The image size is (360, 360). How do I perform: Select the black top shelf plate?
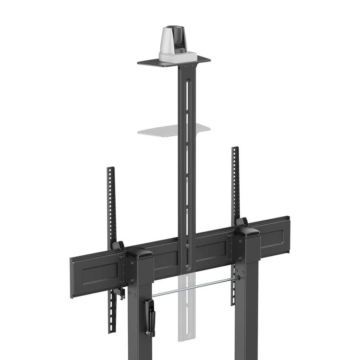(x=153, y=63)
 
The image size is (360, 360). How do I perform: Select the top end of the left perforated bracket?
(x=111, y=169)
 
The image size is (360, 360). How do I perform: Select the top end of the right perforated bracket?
(x=235, y=149)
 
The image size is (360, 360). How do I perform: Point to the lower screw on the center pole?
(x=188, y=267)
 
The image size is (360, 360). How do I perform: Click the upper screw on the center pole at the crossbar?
(x=188, y=246)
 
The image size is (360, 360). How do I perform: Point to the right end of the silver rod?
(x=238, y=278)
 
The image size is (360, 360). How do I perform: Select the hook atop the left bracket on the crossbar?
(x=117, y=245)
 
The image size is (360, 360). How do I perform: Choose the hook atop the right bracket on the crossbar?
(x=241, y=221)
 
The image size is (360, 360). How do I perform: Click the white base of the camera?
(x=178, y=57)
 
